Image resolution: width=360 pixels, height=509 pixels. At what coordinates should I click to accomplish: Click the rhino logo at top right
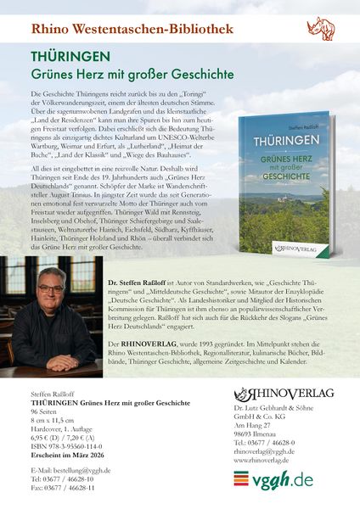(x=320, y=29)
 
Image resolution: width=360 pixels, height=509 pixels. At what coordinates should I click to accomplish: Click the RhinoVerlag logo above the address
(x=284, y=394)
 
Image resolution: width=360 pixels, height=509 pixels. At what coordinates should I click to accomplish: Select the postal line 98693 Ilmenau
(x=256, y=435)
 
